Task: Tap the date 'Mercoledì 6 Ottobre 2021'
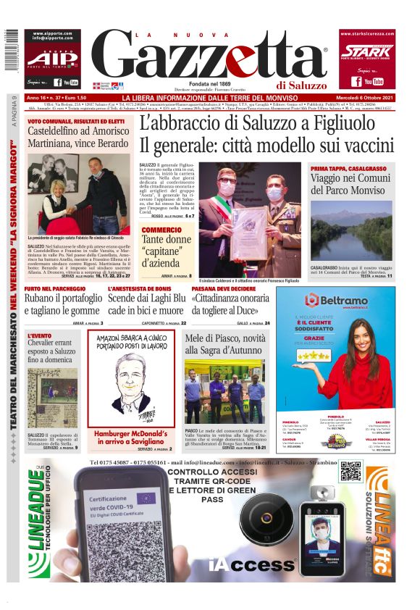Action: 368,98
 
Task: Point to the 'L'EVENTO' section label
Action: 39,336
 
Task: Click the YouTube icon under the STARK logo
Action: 373,81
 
